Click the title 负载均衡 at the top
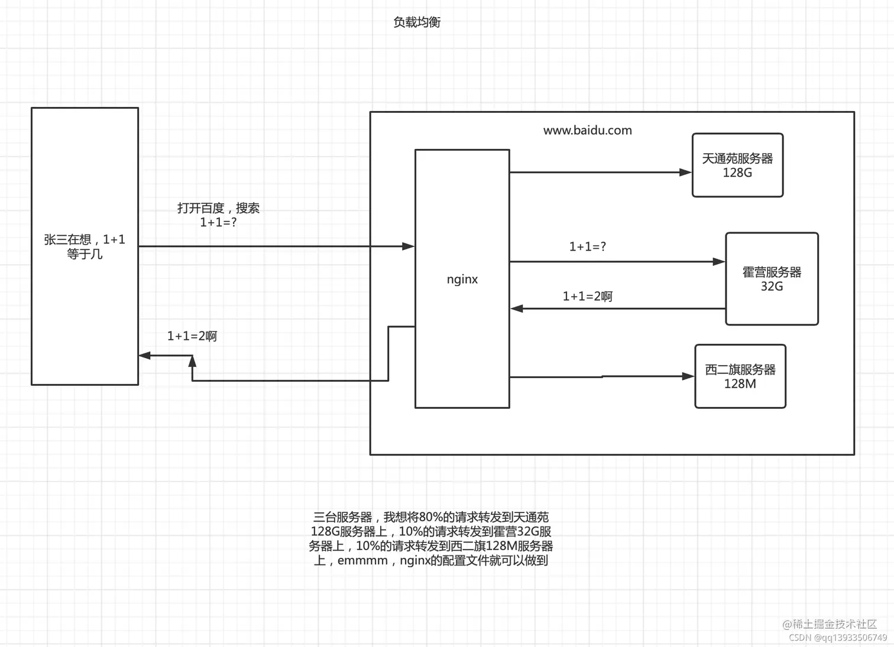pyautogui.click(x=417, y=22)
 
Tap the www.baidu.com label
pyautogui.click(x=587, y=131)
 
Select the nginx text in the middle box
pyautogui.click(x=462, y=279)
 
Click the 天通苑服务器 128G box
pyautogui.click(x=737, y=165)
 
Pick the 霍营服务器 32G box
pyautogui.click(x=772, y=279)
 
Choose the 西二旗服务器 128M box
pyautogui.click(x=740, y=376)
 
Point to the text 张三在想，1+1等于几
pyautogui.click(x=85, y=246)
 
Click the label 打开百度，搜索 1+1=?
pyautogui.click(x=218, y=215)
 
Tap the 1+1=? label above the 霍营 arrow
pyautogui.click(x=587, y=247)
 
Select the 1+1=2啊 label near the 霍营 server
pyautogui.click(x=587, y=297)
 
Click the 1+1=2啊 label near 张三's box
pyautogui.click(x=192, y=336)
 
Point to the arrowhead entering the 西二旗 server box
pyautogui.click(x=688, y=376)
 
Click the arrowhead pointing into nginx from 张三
pyautogui.click(x=409, y=246)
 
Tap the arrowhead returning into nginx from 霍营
pyautogui.click(x=517, y=308)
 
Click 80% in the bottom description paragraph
pyautogui.click(x=430, y=518)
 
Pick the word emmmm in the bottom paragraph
pyautogui.click(x=362, y=561)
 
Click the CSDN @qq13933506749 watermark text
pyautogui.click(x=838, y=638)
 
